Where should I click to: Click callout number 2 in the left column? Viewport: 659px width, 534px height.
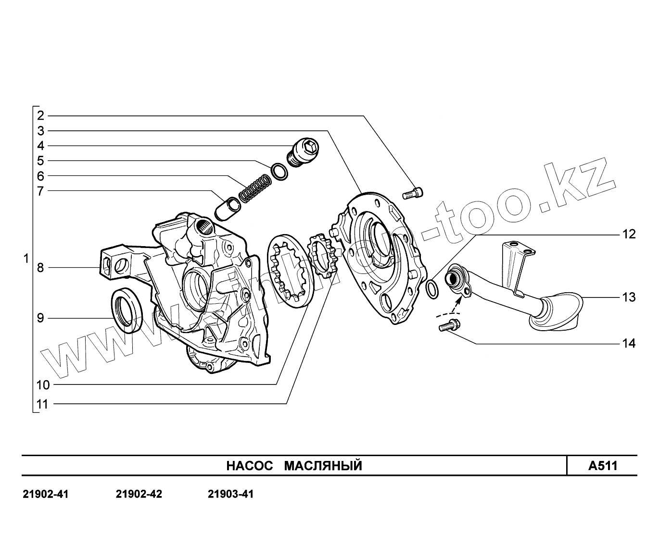[x=41, y=115]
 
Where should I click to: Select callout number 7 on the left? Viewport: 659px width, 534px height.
[x=41, y=191]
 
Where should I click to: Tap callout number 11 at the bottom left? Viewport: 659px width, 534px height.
[x=43, y=404]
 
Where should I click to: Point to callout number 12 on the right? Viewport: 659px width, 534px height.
[x=629, y=234]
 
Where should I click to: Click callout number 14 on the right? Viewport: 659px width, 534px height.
[x=629, y=343]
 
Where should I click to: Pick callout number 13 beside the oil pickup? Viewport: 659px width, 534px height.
[x=629, y=297]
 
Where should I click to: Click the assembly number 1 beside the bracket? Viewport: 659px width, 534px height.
[x=26, y=259]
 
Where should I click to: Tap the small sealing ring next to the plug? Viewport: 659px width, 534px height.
[x=279, y=172]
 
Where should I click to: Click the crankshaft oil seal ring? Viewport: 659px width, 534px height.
[x=127, y=310]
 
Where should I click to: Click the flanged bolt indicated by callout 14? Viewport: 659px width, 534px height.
[x=449, y=326]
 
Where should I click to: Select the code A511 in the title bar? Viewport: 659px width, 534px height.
[x=602, y=466]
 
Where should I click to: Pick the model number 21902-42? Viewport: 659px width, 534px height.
[x=139, y=494]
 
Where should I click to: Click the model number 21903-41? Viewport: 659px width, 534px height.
[x=231, y=494]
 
